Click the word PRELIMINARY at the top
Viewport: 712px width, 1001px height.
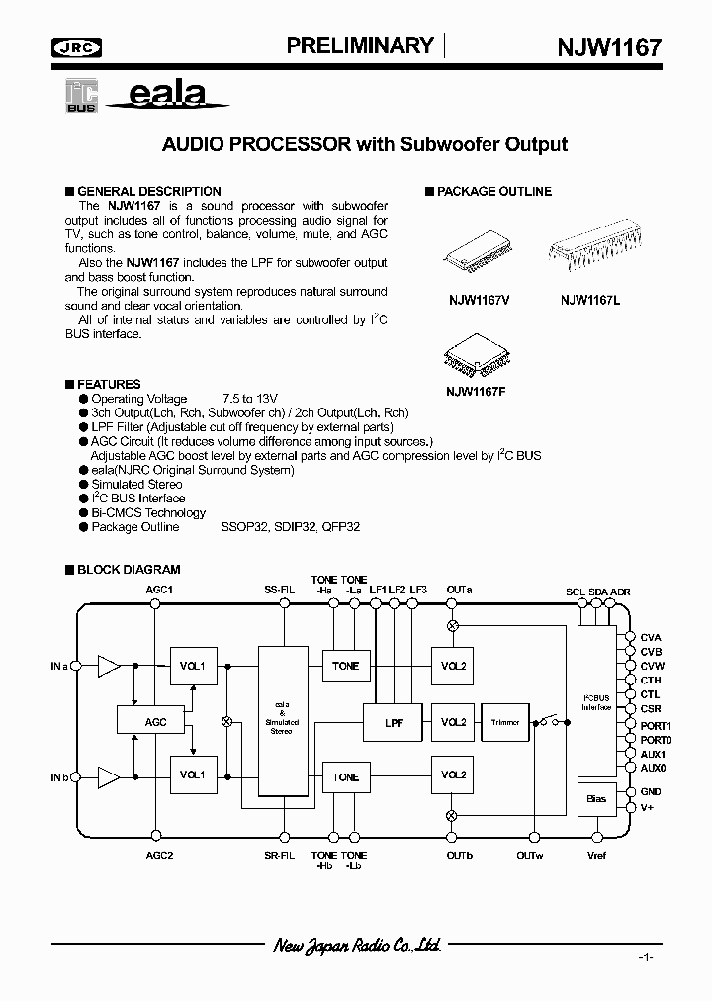click(x=360, y=45)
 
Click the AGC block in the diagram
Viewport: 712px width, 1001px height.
click(x=155, y=721)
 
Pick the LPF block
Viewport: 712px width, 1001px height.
click(x=393, y=722)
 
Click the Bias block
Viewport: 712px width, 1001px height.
click(x=596, y=798)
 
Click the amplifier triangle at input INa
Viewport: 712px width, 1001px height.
click(x=108, y=667)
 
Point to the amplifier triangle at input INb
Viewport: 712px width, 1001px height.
click(x=108, y=776)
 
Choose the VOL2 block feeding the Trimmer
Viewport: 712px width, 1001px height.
click(x=453, y=722)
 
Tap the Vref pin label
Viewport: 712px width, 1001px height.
click(x=596, y=855)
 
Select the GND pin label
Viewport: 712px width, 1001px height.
click(x=651, y=792)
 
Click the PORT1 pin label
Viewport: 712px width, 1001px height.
click(x=656, y=725)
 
